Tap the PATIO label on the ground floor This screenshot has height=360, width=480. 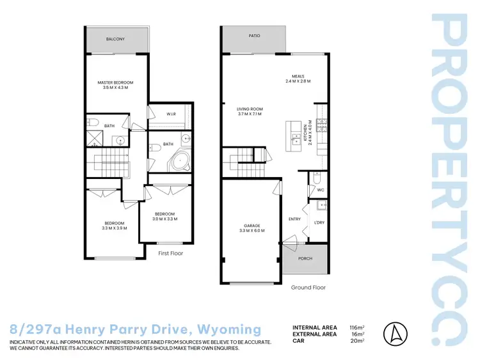[x=254, y=36]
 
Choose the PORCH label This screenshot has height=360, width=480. [x=305, y=260]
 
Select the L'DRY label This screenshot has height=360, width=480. [x=318, y=223]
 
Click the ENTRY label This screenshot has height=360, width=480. [x=294, y=219]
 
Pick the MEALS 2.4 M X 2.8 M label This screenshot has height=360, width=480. [x=298, y=79]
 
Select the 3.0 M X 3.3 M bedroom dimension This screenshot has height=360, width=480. [x=164, y=219]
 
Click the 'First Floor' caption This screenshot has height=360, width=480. [x=170, y=253]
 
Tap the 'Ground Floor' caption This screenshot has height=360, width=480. [x=308, y=287]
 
